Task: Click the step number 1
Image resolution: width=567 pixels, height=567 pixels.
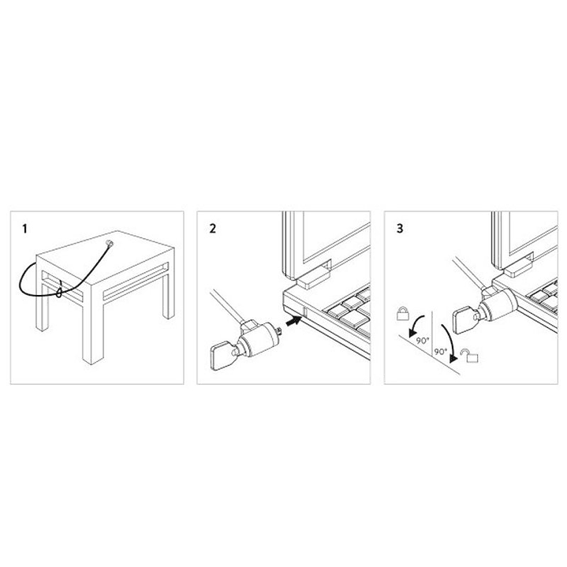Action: pos(25,229)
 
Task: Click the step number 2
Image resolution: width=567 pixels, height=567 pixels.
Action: pos(212,229)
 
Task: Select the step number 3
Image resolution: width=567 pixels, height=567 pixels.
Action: pos(401,229)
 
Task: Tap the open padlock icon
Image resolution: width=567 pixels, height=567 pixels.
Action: pos(472,358)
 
